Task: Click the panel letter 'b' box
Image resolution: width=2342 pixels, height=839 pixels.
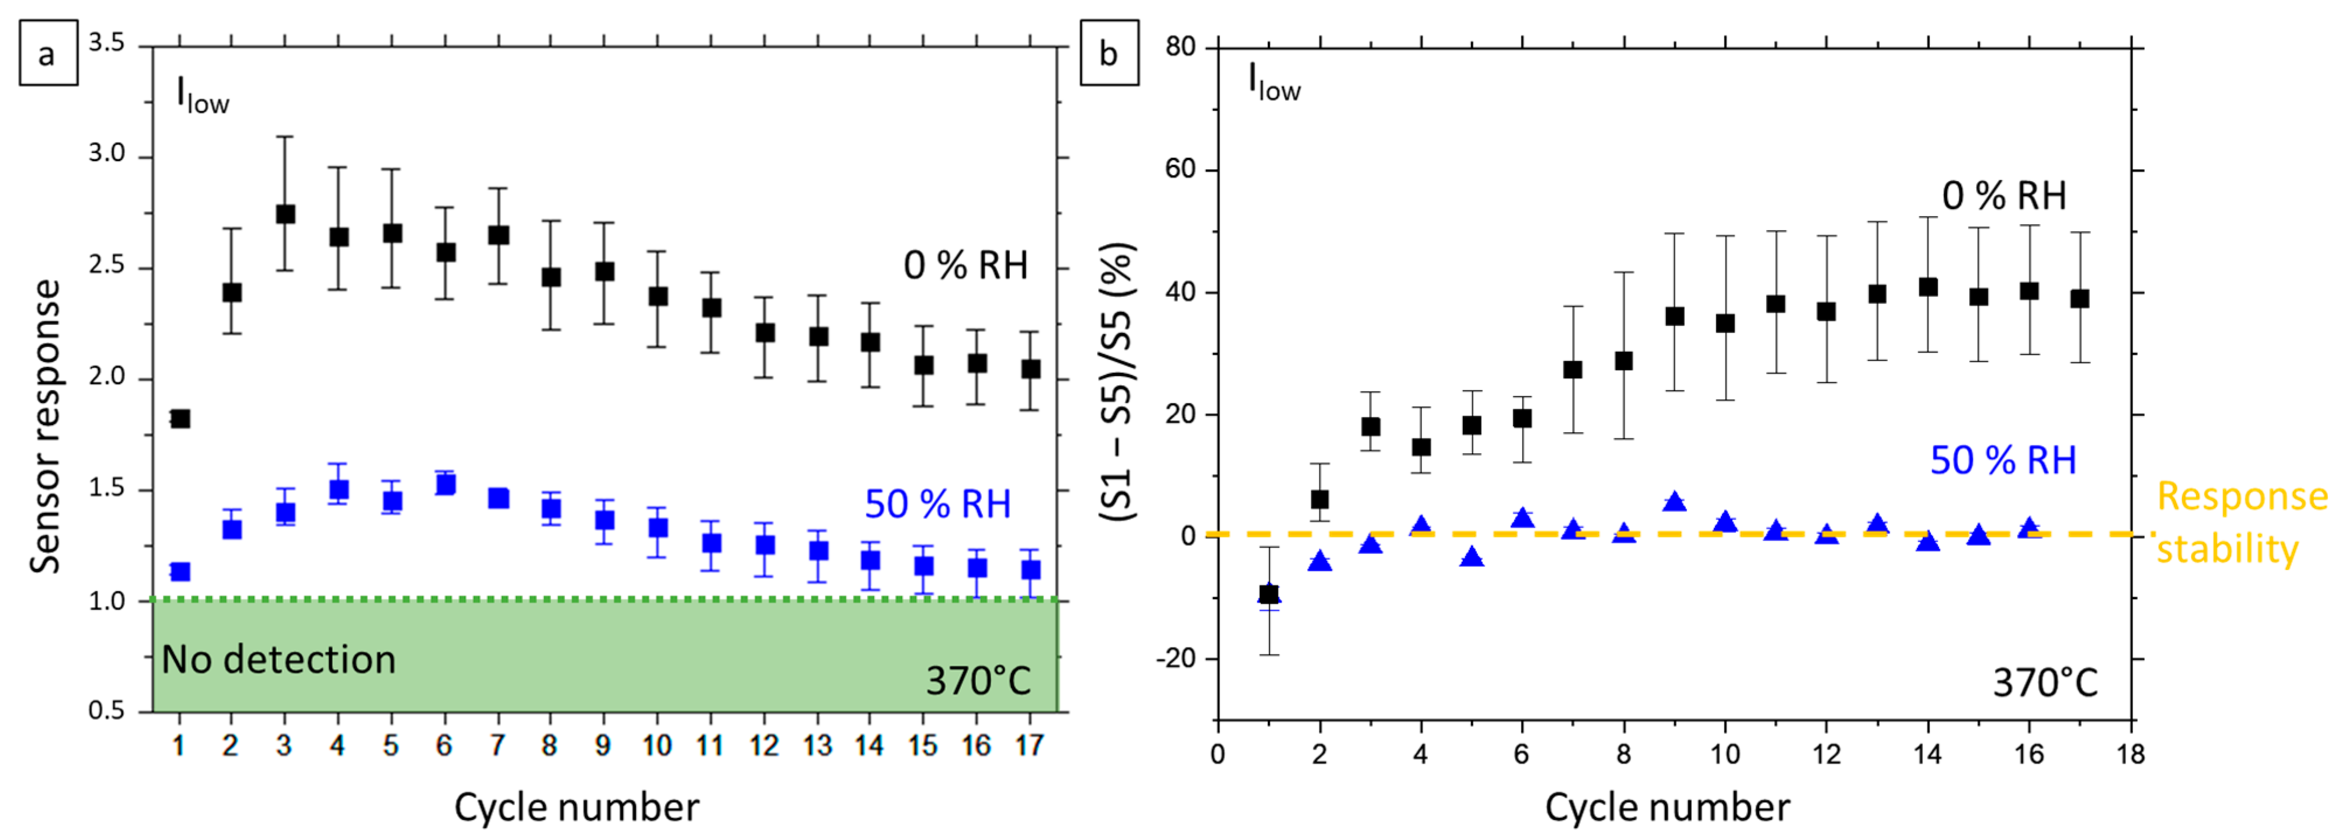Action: point(1109,54)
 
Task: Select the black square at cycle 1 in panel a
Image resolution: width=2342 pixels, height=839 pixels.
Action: point(180,418)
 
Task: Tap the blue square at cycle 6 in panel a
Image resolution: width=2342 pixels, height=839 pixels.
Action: point(445,483)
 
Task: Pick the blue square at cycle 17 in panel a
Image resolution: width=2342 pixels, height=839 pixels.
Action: point(1030,569)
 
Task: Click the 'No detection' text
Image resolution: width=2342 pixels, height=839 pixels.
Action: point(278,659)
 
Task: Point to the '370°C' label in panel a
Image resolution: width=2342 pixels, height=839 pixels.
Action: point(978,681)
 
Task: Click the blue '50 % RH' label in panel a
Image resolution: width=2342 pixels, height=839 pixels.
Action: point(938,504)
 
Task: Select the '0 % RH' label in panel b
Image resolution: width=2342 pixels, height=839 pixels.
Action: point(2004,196)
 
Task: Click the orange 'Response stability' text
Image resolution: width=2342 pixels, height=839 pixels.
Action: point(2240,523)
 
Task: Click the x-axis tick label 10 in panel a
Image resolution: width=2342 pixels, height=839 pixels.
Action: point(656,746)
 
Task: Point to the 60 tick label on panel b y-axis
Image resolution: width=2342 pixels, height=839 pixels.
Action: point(1181,169)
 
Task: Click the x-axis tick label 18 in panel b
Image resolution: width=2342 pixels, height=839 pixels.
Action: point(2130,754)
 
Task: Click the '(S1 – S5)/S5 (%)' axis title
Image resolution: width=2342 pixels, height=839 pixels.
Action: point(1117,382)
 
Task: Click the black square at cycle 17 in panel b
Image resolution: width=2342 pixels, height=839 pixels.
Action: point(2079,298)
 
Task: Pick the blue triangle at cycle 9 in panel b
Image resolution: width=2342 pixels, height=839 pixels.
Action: point(1675,502)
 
